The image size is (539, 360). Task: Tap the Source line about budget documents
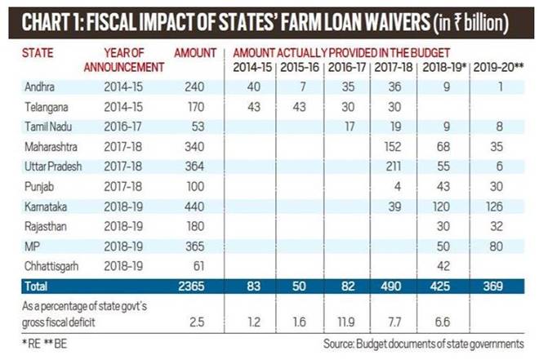click(423, 342)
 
